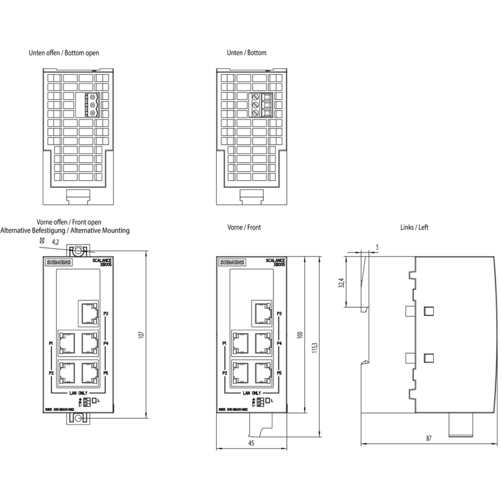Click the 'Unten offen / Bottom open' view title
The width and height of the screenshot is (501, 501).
pyautogui.click(x=64, y=53)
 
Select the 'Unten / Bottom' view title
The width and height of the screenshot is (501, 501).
pyautogui.click(x=246, y=53)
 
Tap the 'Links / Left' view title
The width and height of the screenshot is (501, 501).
pyautogui.click(x=414, y=227)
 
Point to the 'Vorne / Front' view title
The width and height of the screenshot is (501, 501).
pyautogui.click(x=244, y=227)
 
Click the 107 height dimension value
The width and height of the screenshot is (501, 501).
pyautogui.click(x=141, y=334)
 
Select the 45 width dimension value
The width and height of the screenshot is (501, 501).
pyautogui.click(x=251, y=443)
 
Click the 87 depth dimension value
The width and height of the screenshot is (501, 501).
pyautogui.click(x=429, y=438)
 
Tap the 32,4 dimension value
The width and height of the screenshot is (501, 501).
pyautogui.click(x=342, y=283)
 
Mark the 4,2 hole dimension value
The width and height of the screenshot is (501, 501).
pyautogui.click(x=56, y=242)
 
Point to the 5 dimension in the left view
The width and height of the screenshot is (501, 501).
pyautogui.click(x=377, y=248)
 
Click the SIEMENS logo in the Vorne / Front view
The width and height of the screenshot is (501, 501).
pyautogui.click(x=233, y=263)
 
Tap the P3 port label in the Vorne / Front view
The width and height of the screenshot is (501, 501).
pyautogui.click(x=279, y=314)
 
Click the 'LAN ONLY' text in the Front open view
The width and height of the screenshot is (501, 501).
pyautogui.click(x=78, y=393)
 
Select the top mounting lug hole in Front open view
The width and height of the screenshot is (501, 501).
pyautogui.click(x=78, y=251)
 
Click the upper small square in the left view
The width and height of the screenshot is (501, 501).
pyautogui.click(x=428, y=311)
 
